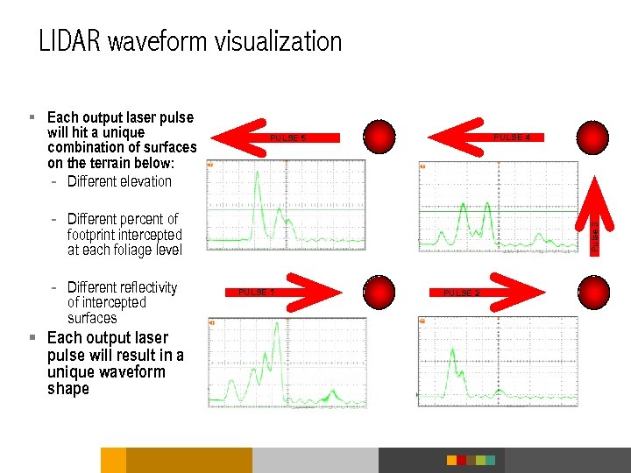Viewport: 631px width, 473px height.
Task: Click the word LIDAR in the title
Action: [x=69, y=41]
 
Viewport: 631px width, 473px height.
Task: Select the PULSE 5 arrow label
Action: [x=287, y=138]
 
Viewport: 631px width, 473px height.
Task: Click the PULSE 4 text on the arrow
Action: [x=512, y=137]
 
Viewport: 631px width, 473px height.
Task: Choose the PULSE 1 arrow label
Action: [x=257, y=292]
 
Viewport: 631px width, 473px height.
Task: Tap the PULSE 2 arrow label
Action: [x=462, y=292]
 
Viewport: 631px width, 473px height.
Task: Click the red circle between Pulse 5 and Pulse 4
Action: [x=379, y=138]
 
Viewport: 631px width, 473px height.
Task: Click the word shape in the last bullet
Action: [x=68, y=389]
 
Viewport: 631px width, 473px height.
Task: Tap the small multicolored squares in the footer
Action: [x=471, y=460]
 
